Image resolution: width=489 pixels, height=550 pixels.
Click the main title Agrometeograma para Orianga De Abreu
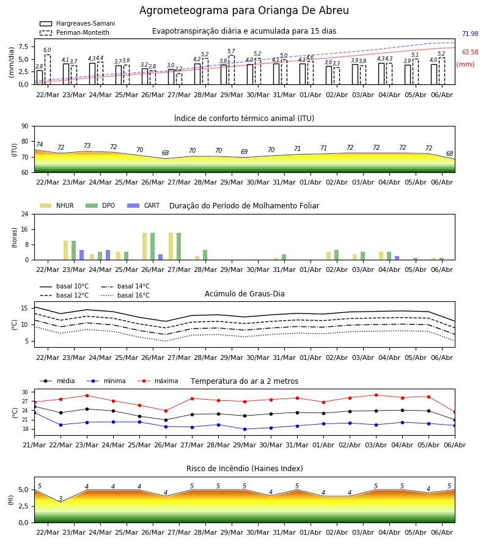[x=244, y=10]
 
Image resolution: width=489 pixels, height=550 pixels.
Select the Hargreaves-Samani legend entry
[x=77, y=23]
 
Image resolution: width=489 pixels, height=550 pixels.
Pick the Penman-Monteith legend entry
[x=75, y=32]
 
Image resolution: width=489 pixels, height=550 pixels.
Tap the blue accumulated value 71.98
[x=470, y=34]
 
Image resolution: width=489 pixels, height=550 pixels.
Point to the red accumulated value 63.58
[x=470, y=53]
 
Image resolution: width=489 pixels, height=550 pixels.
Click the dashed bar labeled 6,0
[x=47, y=70]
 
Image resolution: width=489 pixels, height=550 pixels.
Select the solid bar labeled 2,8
[x=40, y=78]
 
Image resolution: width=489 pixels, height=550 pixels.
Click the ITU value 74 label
[x=39, y=144]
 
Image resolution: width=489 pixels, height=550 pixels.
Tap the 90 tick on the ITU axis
[x=25, y=127]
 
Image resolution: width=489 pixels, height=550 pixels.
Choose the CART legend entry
[x=144, y=205]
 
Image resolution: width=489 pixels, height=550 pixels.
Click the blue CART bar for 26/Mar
[x=160, y=257]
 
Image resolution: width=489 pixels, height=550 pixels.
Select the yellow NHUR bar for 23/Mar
[x=65, y=251]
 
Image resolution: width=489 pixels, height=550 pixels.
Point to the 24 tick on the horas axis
[x=25, y=214]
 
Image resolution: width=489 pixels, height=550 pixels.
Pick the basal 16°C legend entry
[x=125, y=295]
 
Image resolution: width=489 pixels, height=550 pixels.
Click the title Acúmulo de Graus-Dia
[x=244, y=294]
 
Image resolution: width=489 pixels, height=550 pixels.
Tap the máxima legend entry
[x=158, y=381]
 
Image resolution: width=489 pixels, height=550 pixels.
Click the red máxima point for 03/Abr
[x=376, y=395]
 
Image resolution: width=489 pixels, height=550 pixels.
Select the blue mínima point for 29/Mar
[x=244, y=429]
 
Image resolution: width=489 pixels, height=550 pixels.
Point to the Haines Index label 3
[x=61, y=499]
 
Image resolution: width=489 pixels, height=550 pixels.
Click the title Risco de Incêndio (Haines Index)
[x=244, y=469]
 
